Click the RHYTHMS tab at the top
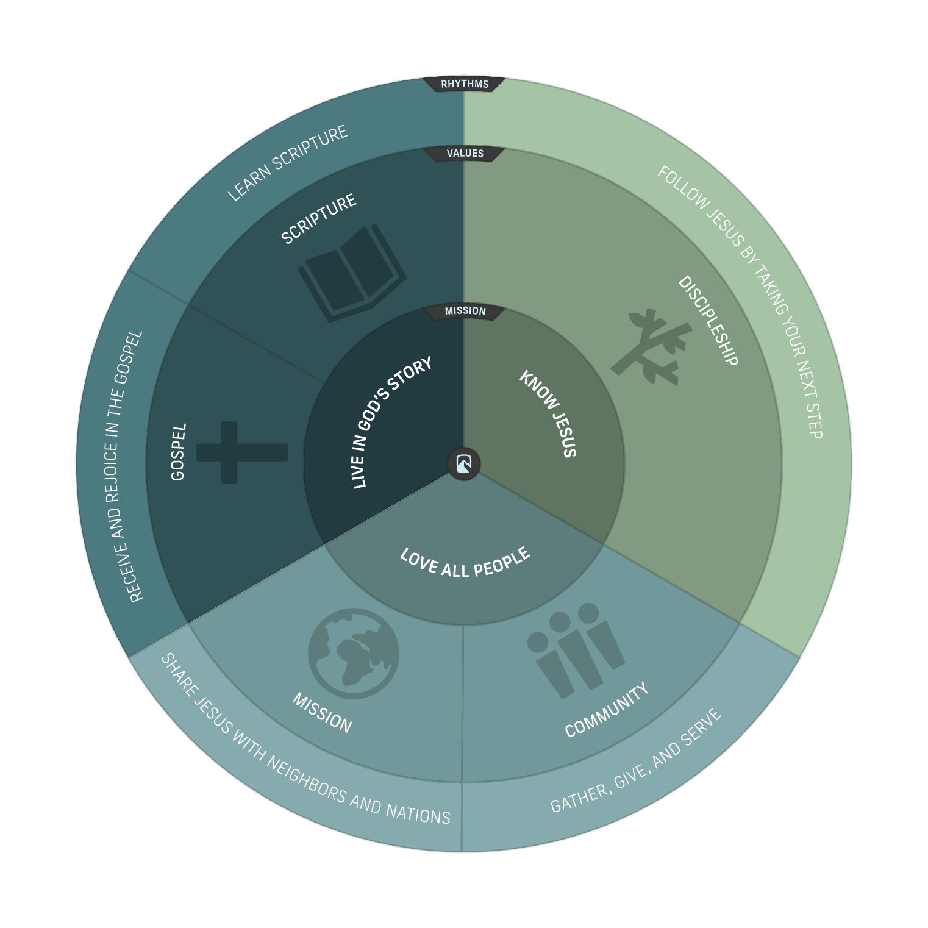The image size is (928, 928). [x=465, y=84]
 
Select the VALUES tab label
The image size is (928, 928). [x=465, y=154]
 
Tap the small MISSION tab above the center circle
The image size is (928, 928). [x=465, y=312]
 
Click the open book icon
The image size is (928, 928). [x=352, y=274]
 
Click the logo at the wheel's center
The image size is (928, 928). [x=464, y=464]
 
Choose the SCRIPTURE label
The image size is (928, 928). [x=318, y=218]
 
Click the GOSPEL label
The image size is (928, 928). [x=178, y=452]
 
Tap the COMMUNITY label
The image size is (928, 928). [x=606, y=711]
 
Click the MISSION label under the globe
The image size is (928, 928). [x=322, y=712]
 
